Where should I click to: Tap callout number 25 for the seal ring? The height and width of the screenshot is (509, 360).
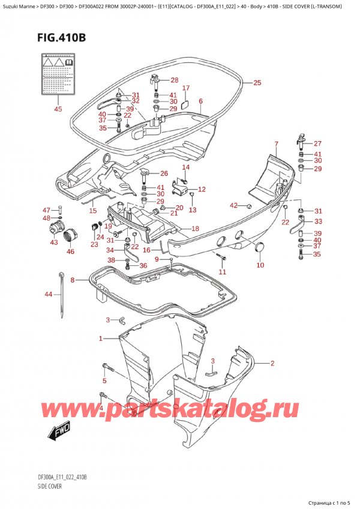pos(257,82)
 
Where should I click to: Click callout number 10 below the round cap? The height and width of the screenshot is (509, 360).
pos(260,265)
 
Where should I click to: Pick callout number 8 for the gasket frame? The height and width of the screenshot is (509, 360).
pos(73,280)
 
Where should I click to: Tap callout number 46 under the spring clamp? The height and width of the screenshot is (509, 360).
pos(70,251)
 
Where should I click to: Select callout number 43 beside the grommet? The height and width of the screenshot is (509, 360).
pos(54,242)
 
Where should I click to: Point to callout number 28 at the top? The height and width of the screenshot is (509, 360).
pos(174,80)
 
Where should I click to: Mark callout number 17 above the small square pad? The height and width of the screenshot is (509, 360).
pos(185,88)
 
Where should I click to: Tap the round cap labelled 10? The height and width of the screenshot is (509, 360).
pos(260,247)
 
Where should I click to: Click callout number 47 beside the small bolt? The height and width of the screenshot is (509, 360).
pos(46,209)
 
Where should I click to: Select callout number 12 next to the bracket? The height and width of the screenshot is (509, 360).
pos(202,189)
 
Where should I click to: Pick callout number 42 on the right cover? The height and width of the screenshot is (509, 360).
pos(233,205)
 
